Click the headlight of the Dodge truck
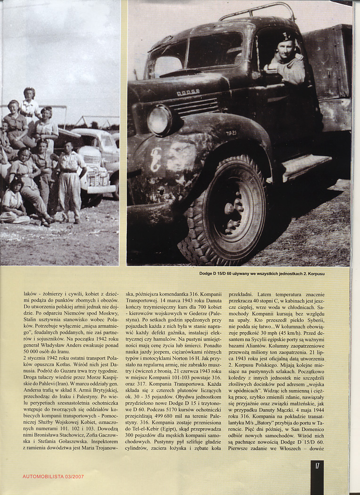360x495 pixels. point(159,120)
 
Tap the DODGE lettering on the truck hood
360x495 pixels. point(188,93)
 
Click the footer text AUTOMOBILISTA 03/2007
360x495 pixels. point(53,477)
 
